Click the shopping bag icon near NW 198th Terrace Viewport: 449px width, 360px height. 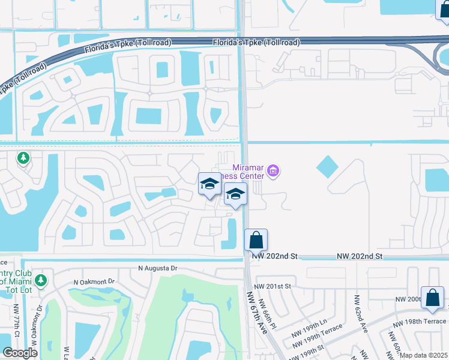[432, 298]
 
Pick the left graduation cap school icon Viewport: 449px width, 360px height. [209, 184]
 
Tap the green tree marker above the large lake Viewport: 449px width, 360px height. [23, 158]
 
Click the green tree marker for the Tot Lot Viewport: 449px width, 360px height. [40, 280]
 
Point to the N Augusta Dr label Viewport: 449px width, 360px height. [158, 268]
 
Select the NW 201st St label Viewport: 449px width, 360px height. [273, 286]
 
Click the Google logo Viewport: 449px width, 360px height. [20, 353]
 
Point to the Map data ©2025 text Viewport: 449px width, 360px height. [423, 355]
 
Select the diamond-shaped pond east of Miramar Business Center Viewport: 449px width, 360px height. [327, 166]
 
